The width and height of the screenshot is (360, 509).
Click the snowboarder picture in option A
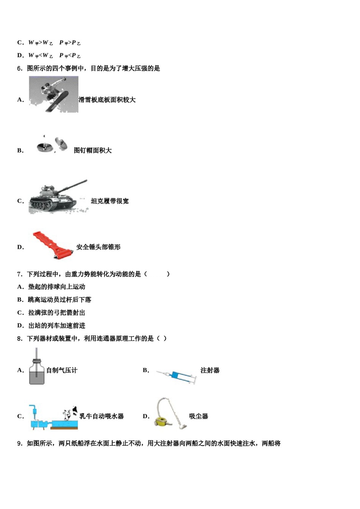(x=53, y=94)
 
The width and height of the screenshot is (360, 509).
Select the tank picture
(x=57, y=197)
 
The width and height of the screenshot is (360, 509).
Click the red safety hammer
(x=53, y=245)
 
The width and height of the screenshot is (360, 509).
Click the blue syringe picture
(x=176, y=376)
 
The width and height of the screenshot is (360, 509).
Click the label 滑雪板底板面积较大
(x=107, y=100)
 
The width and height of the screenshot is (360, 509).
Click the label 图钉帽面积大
(x=92, y=151)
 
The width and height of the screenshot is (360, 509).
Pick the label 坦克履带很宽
(x=110, y=201)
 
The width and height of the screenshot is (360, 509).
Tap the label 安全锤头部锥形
(x=98, y=247)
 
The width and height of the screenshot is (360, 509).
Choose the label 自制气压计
(x=61, y=370)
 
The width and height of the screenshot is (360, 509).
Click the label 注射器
(x=210, y=370)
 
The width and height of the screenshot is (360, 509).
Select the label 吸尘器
(x=199, y=416)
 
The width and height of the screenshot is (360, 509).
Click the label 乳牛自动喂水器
(x=102, y=416)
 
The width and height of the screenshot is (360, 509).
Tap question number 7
(x=20, y=274)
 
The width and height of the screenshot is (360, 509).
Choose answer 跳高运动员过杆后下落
(x=59, y=300)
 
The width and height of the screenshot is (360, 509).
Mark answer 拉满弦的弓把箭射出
(x=56, y=312)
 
